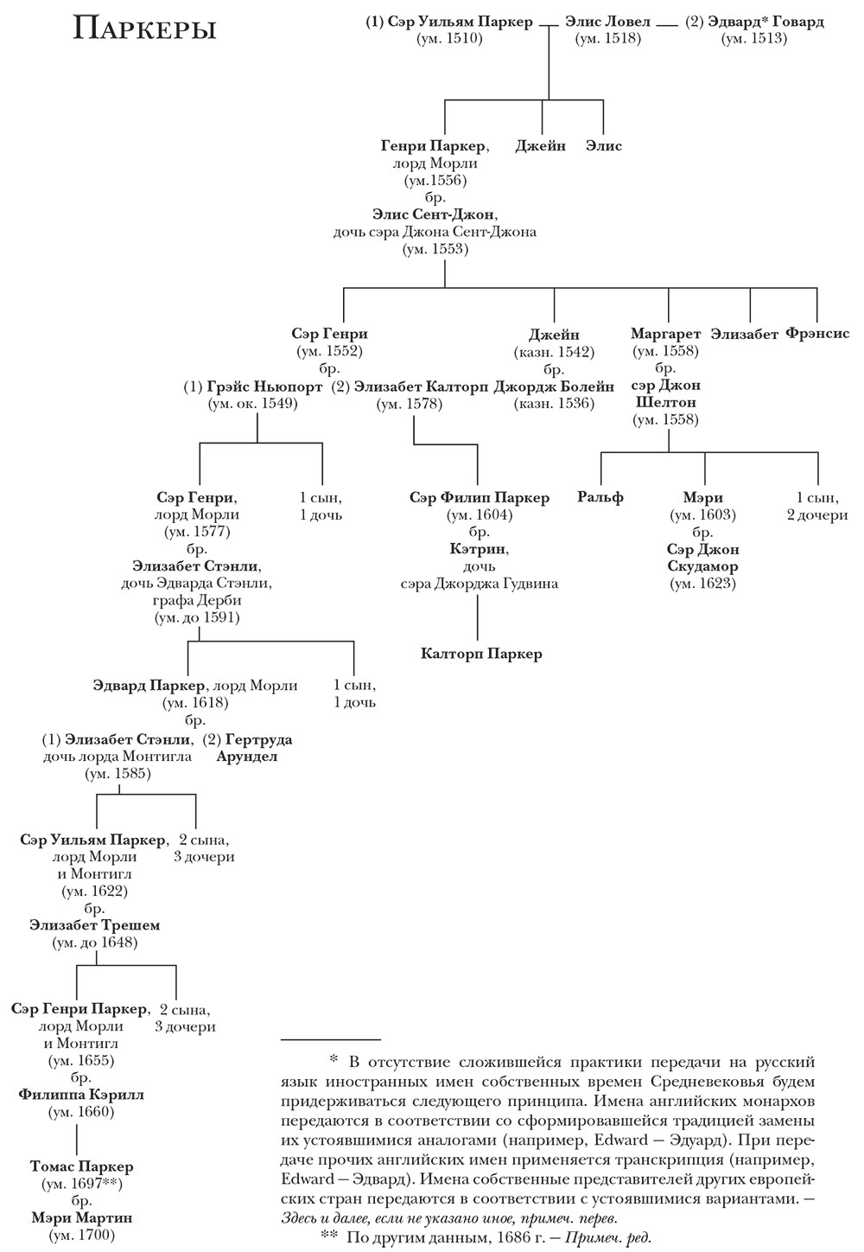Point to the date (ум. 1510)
(x=448, y=38)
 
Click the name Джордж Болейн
(x=555, y=386)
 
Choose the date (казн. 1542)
(x=554, y=352)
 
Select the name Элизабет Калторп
(x=410, y=386)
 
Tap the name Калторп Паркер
(x=481, y=654)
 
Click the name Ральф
(x=600, y=497)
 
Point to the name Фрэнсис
(x=817, y=334)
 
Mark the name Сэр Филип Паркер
(x=480, y=498)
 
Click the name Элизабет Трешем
(x=94, y=925)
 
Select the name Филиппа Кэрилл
(x=80, y=1095)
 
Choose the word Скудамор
(x=703, y=567)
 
